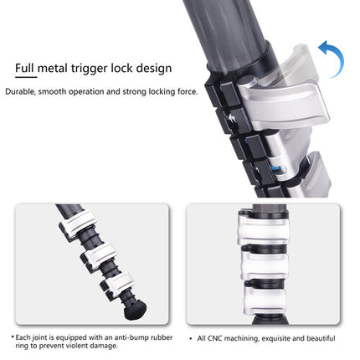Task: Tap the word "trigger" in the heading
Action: tap(89, 69)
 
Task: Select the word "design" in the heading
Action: tap(154, 69)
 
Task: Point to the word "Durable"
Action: tap(20, 91)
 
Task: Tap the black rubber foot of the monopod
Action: tap(135, 311)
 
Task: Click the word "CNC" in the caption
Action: tap(215, 338)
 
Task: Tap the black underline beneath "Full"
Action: tap(26, 77)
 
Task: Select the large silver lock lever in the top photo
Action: tap(283, 105)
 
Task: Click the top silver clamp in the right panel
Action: tap(263, 228)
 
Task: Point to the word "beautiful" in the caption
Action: tap(321, 338)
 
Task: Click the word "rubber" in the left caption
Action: tap(162, 337)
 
